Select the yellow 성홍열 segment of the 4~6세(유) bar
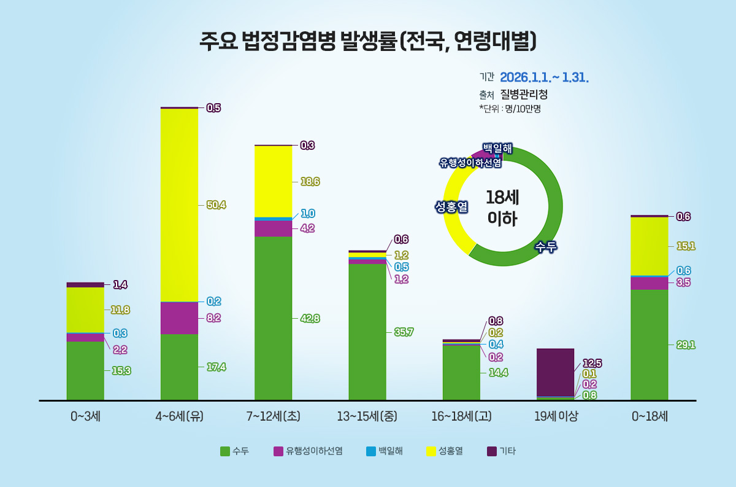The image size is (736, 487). [179, 205]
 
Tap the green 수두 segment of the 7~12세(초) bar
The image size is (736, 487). [273, 318]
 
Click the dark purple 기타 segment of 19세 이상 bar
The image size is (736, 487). [555, 372]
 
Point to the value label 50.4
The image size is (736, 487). [216, 205]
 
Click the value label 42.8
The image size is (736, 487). [310, 319]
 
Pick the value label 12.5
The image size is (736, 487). [591, 363]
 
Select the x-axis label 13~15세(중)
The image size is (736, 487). [367, 416]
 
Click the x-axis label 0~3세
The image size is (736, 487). [85, 416]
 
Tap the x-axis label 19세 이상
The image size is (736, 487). [555, 416]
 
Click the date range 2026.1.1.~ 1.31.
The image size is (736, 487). [544, 78]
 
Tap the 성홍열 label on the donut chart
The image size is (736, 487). [451, 207]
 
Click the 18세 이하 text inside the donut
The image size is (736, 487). [502, 208]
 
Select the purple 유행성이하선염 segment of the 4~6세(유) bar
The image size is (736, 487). [179, 318]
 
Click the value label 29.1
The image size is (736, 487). [685, 345]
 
